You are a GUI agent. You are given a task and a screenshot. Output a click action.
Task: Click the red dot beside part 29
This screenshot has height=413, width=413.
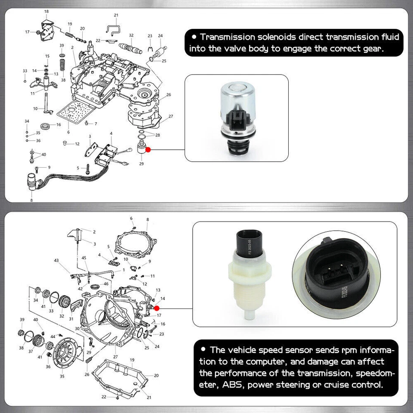(x=148, y=150)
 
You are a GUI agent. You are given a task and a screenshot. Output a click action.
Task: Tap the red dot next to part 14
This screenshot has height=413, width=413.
(x=157, y=308)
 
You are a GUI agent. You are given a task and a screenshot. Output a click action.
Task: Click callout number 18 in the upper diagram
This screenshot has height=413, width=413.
(x=46, y=11)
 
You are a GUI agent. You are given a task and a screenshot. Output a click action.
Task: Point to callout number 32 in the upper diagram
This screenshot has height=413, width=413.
(x=131, y=35)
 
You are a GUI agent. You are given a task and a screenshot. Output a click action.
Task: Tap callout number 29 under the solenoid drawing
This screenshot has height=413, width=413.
(x=142, y=163)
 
